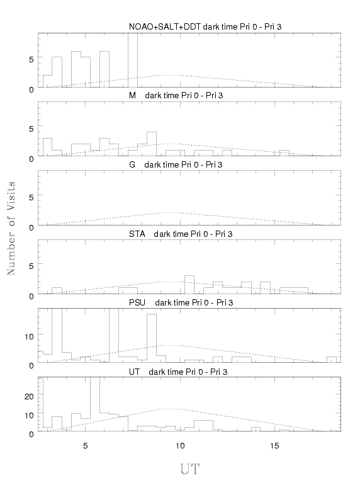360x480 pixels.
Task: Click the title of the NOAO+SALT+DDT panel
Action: point(205,27)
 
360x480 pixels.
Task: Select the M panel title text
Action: point(176,96)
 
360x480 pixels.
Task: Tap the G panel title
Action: point(176,164)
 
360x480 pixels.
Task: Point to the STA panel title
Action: point(181,234)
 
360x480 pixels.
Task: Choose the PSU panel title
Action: point(181,303)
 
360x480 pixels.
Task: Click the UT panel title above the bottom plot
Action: point(178,372)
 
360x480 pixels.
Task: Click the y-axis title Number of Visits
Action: point(11,229)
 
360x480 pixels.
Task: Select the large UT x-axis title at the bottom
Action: point(189,469)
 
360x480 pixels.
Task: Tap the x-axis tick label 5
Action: point(86,446)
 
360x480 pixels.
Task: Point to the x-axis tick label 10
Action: point(180,446)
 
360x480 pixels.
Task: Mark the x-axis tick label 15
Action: point(274,446)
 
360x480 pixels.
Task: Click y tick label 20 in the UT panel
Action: point(29,396)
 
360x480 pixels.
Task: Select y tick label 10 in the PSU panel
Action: point(29,337)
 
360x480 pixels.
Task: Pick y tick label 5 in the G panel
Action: point(31,197)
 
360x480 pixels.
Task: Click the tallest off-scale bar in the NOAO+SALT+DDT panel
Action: point(133,60)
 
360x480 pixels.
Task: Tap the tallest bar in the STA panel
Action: point(189,285)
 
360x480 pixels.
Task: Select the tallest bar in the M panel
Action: point(152,144)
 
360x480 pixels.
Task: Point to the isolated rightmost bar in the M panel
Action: point(284,153)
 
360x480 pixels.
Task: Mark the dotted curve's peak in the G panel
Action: point(171,212)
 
